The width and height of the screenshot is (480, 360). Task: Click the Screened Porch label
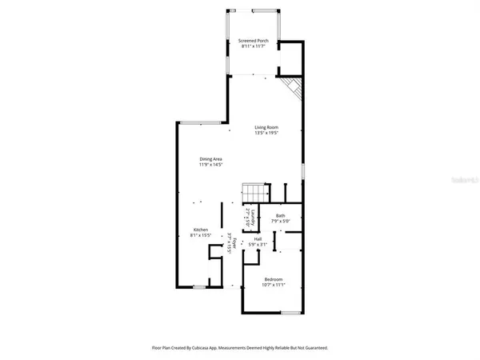pyautogui.click(x=254, y=41)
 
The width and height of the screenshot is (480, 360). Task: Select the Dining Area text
pyautogui.click(x=211, y=159)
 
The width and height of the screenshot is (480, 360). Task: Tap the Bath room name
pyautogui.click(x=281, y=215)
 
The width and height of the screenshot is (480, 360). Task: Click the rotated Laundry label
pyautogui.click(x=253, y=217)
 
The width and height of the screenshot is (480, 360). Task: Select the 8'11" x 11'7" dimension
pyautogui.click(x=254, y=46)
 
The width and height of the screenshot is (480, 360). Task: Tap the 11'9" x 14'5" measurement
pyautogui.click(x=211, y=165)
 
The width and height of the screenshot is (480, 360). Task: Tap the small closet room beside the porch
pyautogui.click(x=290, y=58)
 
